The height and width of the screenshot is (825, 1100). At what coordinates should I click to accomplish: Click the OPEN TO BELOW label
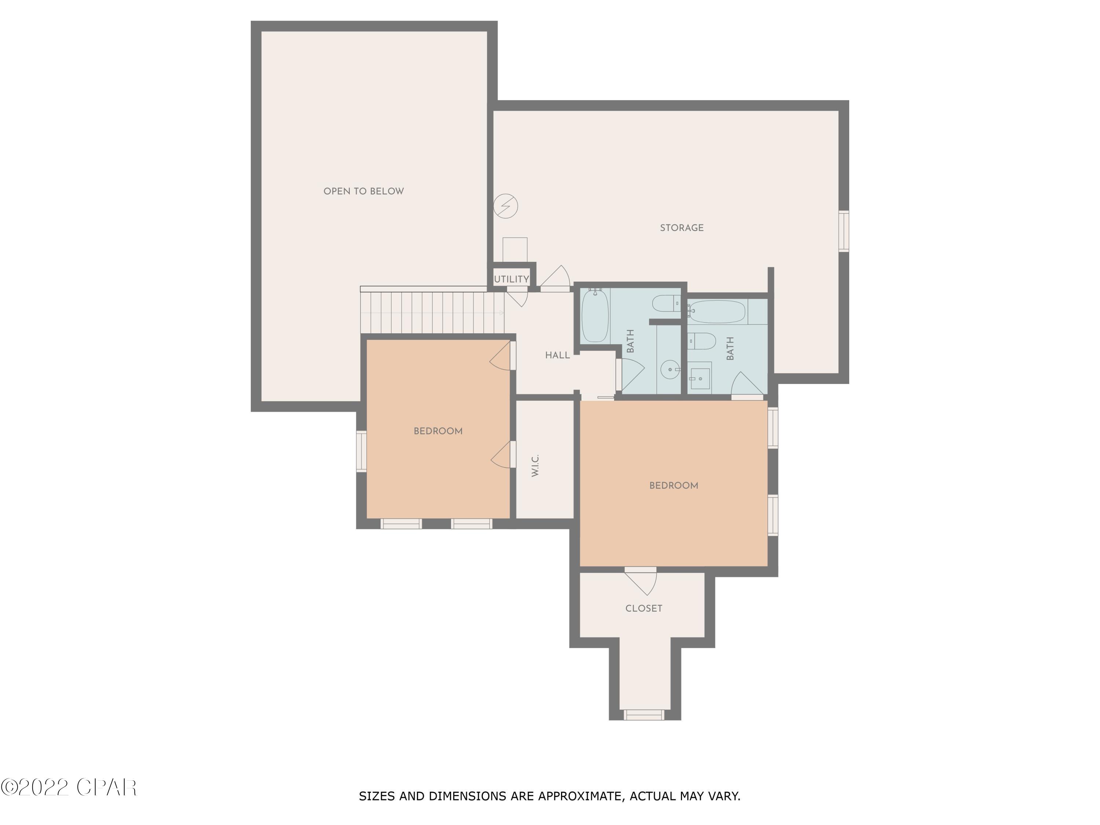pos(363,191)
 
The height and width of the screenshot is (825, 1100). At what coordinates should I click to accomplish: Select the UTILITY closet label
pos(511,279)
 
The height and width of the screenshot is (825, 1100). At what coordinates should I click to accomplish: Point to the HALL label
pos(557,355)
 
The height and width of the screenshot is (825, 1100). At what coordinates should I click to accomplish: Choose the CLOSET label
pos(643,608)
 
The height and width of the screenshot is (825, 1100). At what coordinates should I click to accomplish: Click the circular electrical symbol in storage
pos(505,205)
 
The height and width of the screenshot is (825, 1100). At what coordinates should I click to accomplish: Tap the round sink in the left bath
pos(670,370)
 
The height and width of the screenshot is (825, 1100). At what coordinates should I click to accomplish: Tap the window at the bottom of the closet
pos(644,715)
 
